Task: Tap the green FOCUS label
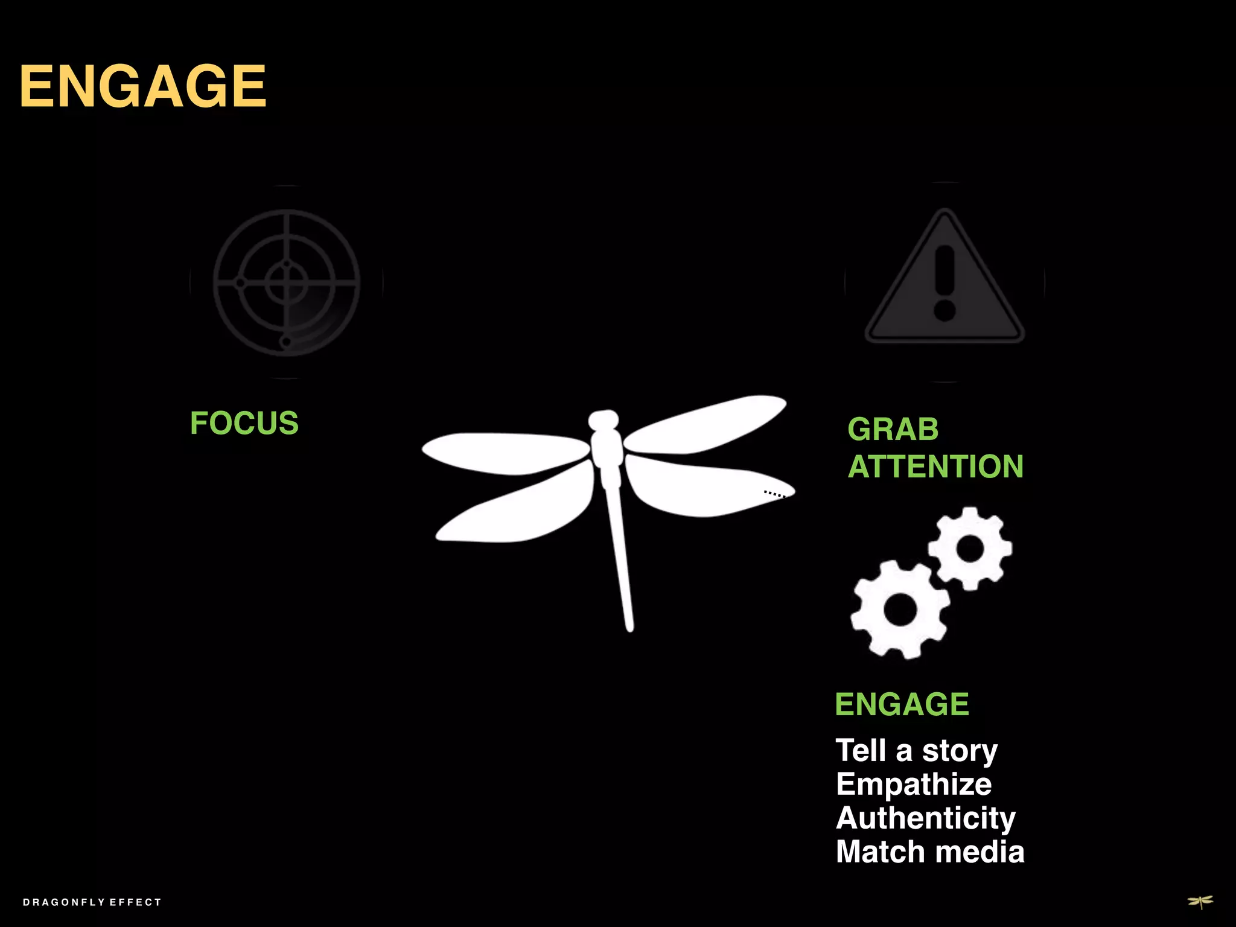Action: pyautogui.click(x=244, y=423)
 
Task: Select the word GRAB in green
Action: pyautogui.click(x=893, y=430)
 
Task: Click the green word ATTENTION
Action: pyautogui.click(x=935, y=467)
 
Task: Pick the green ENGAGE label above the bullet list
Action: pyautogui.click(x=902, y=704)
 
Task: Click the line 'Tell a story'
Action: pyautogui.click(x=916, y=751)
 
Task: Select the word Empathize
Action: pyautogui.click(x=914, y=785)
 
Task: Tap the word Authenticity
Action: pyautogui.click(x=926, y=818)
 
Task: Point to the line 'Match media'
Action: pyautogui.click(x=930, y=852)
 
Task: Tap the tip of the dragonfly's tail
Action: pyautogui.click(x=629, y=628)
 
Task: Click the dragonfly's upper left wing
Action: pyautogui.click(x=507, y=453)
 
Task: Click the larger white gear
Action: pyautogui.click(x=900, y=610)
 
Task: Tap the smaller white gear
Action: pyautogui.click(x=970, y=549)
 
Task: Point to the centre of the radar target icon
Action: pyautogui.click(x=287, y=282)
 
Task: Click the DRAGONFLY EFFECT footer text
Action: pyautogui.click(x=92, y=902)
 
